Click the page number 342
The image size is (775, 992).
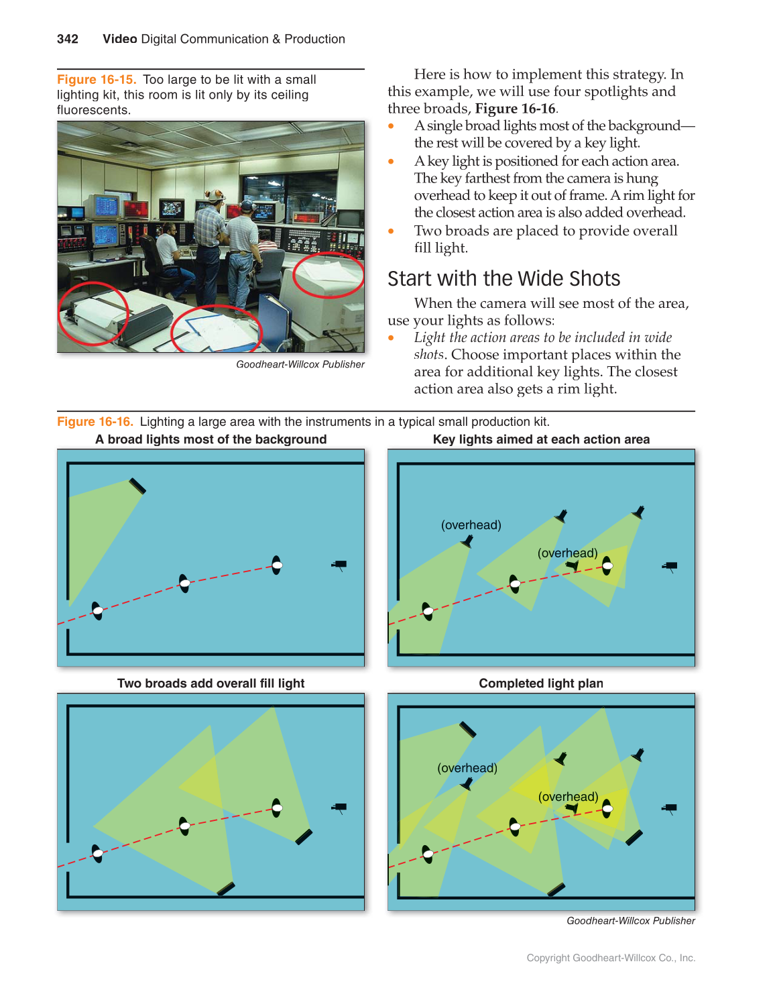coord(68,39)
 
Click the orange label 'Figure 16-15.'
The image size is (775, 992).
coord(97,80)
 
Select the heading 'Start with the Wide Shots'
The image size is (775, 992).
coord(503,278)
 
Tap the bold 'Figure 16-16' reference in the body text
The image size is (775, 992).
coord(515,109)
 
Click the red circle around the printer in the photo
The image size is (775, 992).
coord(92,314)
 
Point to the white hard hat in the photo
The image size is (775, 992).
coord(215,195)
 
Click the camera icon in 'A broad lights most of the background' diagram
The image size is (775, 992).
coord(339,565)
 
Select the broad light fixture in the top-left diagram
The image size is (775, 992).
coord(137,486)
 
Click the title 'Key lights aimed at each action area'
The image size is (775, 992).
coord(541,439)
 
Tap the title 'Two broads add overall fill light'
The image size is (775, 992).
coord(211,683)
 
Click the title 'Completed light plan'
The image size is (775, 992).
coord(541,683)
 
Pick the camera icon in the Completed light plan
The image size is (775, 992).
coord(669,809)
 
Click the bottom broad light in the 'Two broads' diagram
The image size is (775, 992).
coord(226,889)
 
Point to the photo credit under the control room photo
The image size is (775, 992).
coord(300,364)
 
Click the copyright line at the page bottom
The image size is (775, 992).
coord(611,958)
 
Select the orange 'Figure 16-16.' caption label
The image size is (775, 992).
coord(95,422)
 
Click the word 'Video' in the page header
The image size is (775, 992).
coord(120,39)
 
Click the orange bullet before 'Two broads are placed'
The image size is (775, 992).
coord(392,231)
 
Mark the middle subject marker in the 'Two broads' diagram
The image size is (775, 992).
coord(184,826)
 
